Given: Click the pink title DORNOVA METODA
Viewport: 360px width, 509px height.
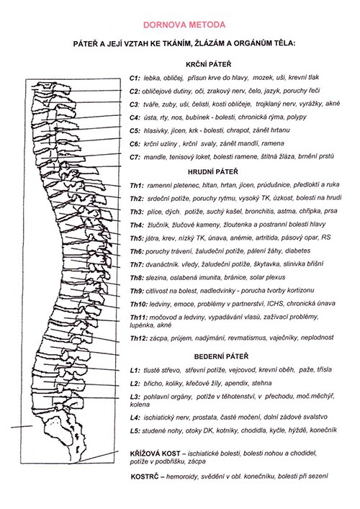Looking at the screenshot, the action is point(184,25).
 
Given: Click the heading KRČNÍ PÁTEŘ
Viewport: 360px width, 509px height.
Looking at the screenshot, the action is point(208,64).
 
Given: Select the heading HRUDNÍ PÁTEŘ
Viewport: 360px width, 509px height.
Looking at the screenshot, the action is point(212,171).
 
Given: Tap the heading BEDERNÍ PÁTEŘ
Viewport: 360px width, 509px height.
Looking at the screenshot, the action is point(221,356).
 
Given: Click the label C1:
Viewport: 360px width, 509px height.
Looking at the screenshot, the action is point(135,78).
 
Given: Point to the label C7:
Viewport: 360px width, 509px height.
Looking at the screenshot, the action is point(135,157).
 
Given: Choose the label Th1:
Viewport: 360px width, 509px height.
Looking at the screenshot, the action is point(137,186).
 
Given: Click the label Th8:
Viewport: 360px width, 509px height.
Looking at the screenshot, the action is point(137,278).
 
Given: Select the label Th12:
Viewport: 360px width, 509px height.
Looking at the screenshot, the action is point(138,338).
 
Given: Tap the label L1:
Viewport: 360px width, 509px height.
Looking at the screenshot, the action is point(135,370).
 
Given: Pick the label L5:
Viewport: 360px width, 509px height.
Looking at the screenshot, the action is point(135,431).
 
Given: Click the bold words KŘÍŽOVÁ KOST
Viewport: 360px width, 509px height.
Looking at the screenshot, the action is point(156,454).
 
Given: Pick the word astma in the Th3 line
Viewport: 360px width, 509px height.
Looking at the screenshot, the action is point(286,212).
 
